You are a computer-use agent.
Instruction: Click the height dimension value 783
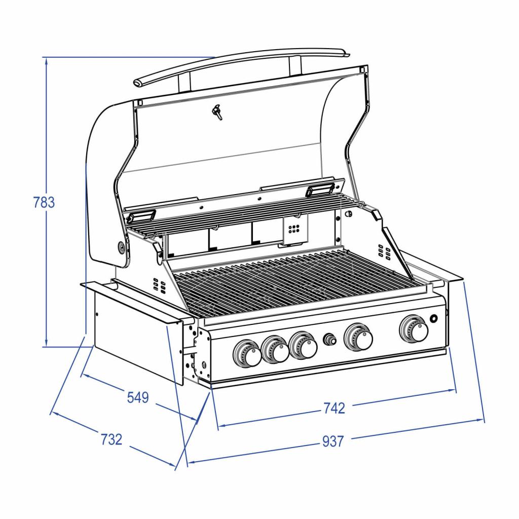pyautogui.click(x=44, y=202)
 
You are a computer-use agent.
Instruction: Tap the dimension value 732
pyautogui.click(x=112, y=439)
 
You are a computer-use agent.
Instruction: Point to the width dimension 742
pyautogui.click(x=333, y=408)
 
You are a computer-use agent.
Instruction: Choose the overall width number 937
pyautogui.click(x=333, y=441)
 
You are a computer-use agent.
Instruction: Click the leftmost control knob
pyautogui.click(x=247, y=354)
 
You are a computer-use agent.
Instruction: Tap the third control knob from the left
pyautogui.click(x=304, y=346)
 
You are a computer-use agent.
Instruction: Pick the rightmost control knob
pyautogui.click(x=415, y=329)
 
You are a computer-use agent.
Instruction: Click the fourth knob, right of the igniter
pyautogui.click(x=359, y=338)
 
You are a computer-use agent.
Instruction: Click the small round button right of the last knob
pyautogui.click(x=434, y=319)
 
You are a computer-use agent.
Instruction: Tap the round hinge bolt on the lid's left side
pyautogui.click(x=122, y=247)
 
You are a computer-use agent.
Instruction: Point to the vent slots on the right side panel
pyautogui.click(x=384, y=251)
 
